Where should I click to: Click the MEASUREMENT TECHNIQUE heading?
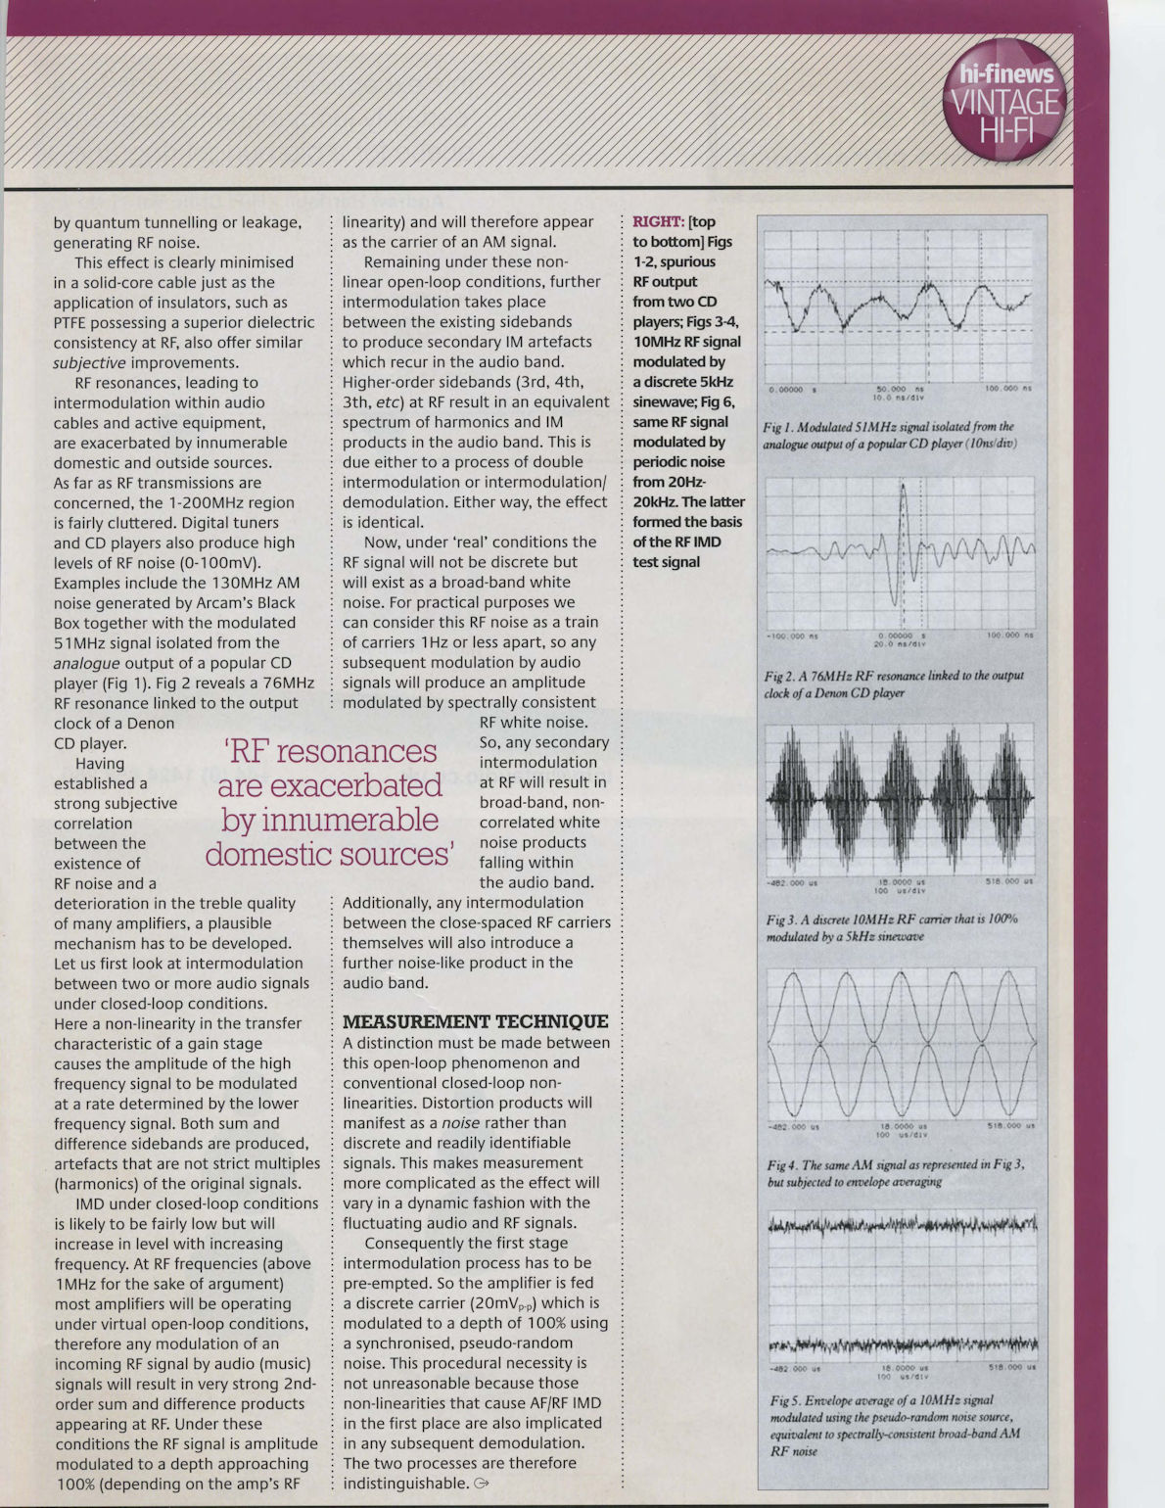475,1021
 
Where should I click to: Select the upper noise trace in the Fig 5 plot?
901,1224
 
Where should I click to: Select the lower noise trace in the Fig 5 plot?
901,1343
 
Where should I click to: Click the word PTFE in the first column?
73,322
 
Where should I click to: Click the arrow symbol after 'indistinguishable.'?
480,1483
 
